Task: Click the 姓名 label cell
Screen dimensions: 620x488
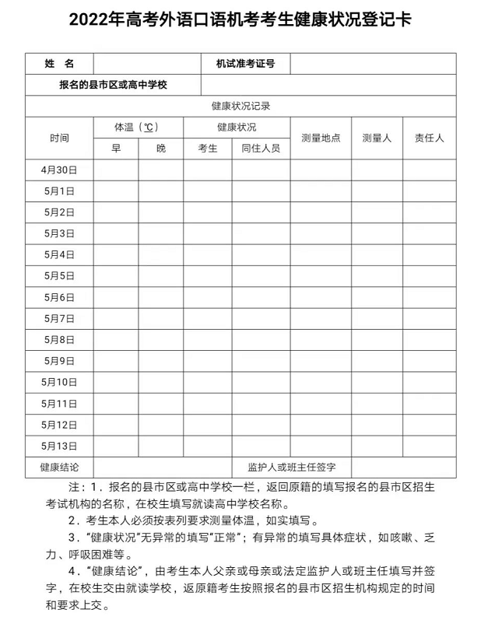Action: point(59,64)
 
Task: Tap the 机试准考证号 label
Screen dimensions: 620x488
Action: point(245,64)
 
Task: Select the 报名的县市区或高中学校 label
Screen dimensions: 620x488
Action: point(114,85)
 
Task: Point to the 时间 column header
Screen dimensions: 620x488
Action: point(59,138)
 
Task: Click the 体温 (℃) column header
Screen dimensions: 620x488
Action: point(138,127)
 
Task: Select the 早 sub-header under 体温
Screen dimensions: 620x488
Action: point(116,149)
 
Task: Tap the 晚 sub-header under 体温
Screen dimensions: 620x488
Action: point(160,149)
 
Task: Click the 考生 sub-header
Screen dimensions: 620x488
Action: point(208,149)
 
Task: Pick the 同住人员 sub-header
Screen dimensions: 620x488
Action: point(261,149)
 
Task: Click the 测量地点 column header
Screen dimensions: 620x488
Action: point(321,138)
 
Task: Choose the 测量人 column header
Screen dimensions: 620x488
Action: point(377,138)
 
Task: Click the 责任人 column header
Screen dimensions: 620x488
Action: point(429,138)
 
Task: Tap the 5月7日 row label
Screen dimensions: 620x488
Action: point(59,318)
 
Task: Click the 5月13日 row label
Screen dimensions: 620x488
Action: point(59,446)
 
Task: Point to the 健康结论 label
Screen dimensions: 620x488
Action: point(59,467)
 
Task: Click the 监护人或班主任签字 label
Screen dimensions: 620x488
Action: point(291,467)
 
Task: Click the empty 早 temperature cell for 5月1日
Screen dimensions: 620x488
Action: point(116,191)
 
